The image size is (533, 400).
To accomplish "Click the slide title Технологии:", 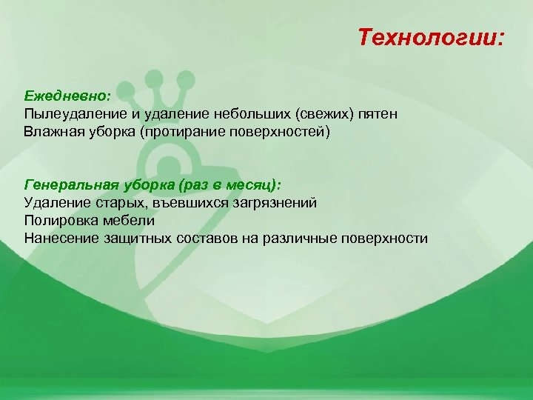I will coord(430,37).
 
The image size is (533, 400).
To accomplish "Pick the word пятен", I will coord(381,115).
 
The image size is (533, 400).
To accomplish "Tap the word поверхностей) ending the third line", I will coord(284,133).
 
